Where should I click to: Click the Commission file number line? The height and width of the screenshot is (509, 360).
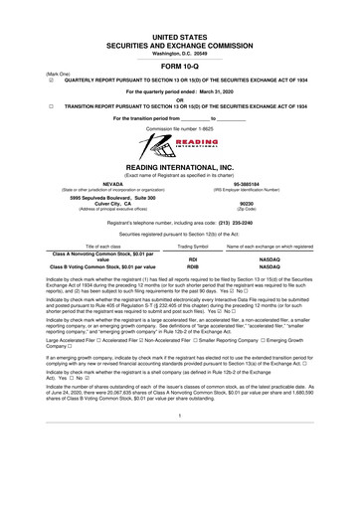[180, 127]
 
